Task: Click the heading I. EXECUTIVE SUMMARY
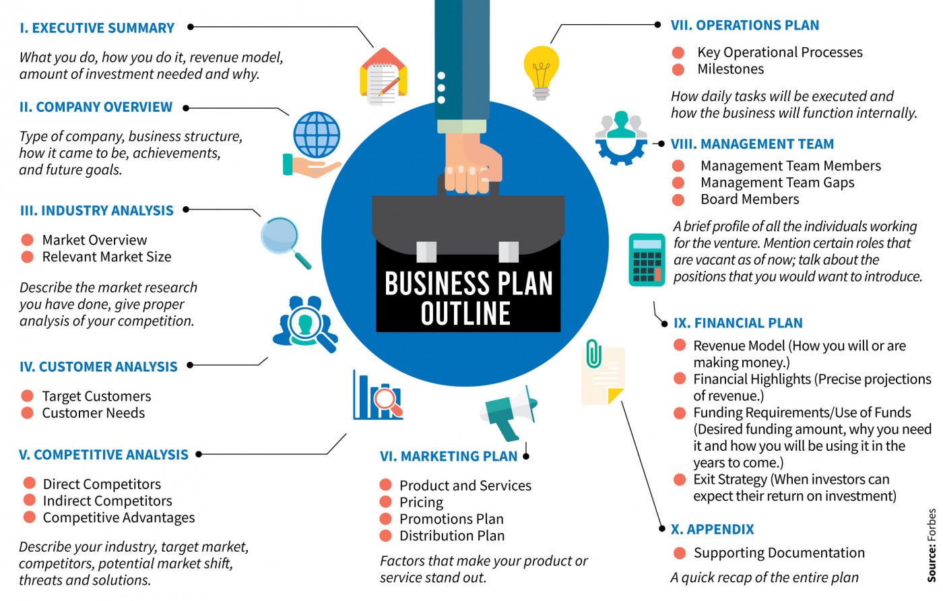click(97, 28)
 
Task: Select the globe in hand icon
click(313, 144)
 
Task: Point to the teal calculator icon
click(647, 259)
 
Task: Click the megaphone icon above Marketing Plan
click(510, 411)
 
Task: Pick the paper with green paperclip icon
click(603, 374)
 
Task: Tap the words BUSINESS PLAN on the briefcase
click(468, 284)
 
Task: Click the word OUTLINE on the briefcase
click(465, 314)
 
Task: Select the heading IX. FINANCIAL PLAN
click(738, 323)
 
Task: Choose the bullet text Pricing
click(421, 502)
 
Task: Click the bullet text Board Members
click(750, 199)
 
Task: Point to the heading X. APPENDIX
click(713, 529)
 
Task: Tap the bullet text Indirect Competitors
click(108, 501)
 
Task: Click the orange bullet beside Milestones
click(678, 69)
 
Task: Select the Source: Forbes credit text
click(932, 545)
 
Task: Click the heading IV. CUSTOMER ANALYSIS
click(98, 367)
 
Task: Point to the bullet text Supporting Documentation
click(779, 552)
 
